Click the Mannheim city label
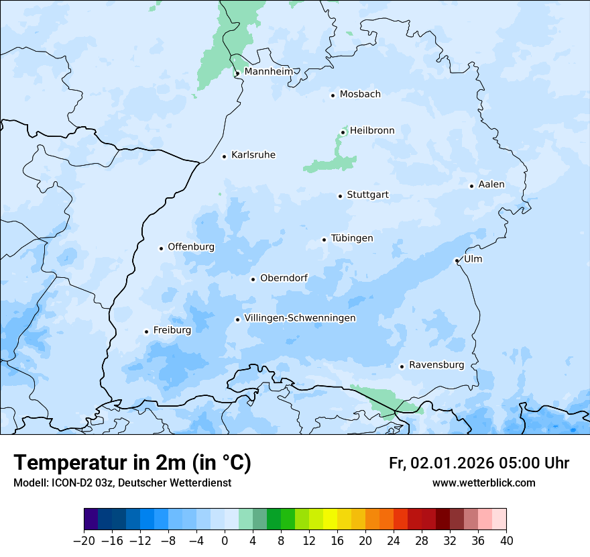point(268,71)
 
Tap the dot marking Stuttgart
point(340,196)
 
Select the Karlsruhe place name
point(253,155)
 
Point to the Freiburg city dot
point(146,332)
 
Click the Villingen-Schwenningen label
point(300,318)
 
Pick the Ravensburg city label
point(436,365)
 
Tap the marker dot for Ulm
point(457,260)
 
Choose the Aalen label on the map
point(491,185)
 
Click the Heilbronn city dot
point(343,132)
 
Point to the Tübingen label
point(351,238)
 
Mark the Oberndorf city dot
point(253,279)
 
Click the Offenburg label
point(191,247)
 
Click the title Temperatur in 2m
point(132,462)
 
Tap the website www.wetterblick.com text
point(483,483)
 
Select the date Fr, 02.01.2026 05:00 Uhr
point(479,463)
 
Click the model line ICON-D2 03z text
point(122,483)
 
